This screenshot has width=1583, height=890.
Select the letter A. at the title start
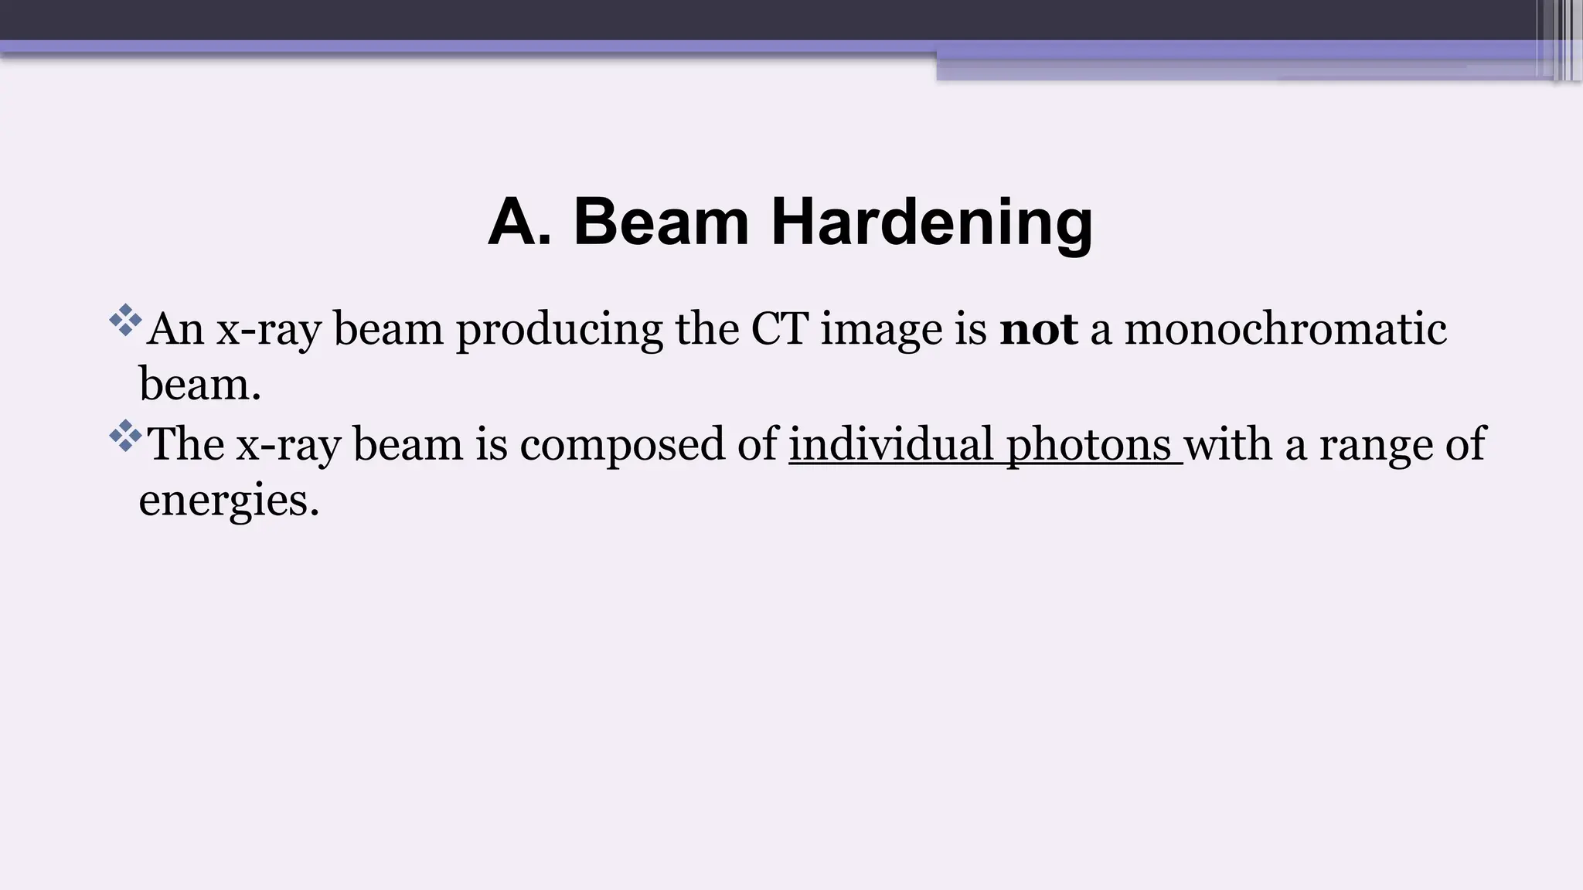[x=520, y=222]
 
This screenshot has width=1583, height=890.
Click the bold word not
[x=1038, y=329]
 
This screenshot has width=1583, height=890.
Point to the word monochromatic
[x=1285, y=329]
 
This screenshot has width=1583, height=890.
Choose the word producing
[x=559, y=331]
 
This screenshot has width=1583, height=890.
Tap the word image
[x=881, y=331]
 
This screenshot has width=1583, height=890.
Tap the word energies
[x=229, y=501]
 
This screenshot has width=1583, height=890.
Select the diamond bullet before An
[x=125, y=320]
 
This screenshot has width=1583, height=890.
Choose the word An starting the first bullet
[x=175, y=329]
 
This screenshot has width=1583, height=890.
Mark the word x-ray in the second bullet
[x=288, y=446]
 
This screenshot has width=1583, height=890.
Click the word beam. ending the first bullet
[x=199, y=384]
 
